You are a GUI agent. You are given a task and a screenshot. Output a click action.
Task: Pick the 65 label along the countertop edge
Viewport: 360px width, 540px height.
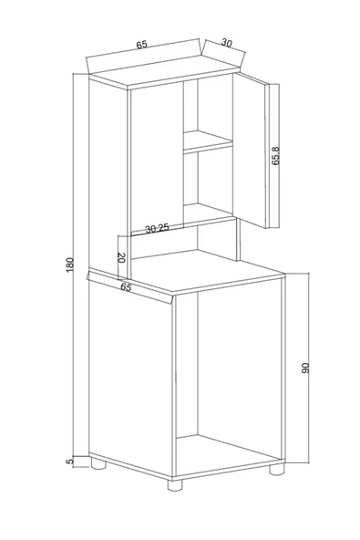coord(128,286)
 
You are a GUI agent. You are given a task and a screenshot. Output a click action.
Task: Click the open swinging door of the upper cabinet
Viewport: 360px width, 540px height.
coord(248,151)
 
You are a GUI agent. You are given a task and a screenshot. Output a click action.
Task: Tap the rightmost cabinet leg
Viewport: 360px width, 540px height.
coord(274,472)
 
